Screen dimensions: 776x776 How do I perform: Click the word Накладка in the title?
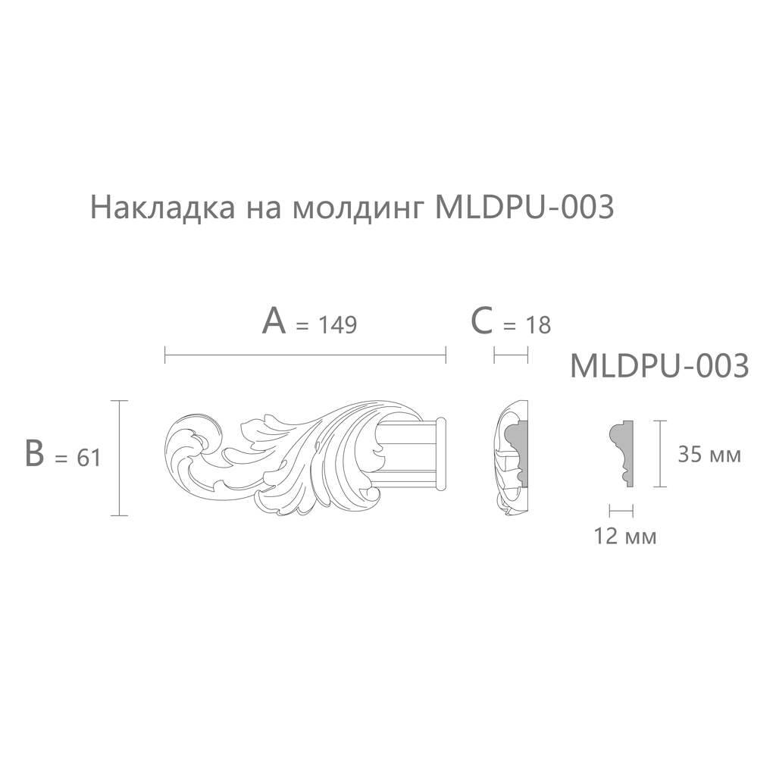(x=163, y=208)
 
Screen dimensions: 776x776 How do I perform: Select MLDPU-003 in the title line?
(x=524, y=207)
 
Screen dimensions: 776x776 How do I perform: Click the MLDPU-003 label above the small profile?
(x=659, y=366)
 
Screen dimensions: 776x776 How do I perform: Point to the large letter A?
(x=274, y=321)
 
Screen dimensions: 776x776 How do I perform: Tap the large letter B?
(x=34, y=454)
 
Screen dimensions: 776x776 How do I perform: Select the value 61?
(x=89, y=458)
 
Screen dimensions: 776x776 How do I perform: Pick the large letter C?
(x=481, y=321)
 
